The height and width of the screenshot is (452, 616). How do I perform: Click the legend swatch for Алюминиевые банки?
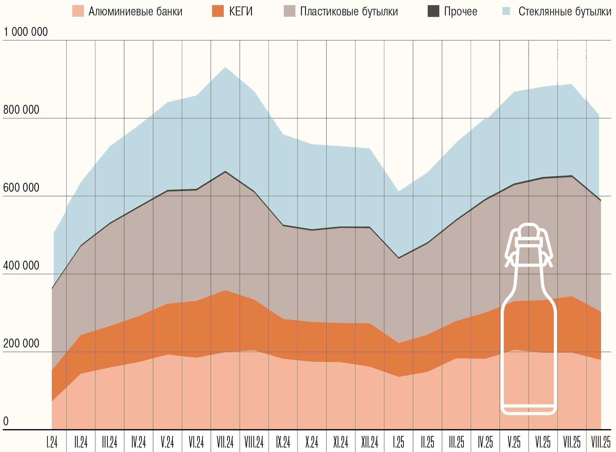(x=78, y=11)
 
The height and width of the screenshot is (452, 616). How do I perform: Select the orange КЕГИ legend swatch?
(x=218, y=11)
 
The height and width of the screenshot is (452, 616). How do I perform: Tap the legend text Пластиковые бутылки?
(x=349, y=12)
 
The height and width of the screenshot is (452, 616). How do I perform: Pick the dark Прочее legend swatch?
(x=433, y=11)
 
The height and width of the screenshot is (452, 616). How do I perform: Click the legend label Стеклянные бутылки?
(x=564, y=12)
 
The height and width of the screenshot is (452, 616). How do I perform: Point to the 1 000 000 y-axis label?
(x=26, y=32)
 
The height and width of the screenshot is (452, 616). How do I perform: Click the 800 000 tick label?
(x=21, y=110)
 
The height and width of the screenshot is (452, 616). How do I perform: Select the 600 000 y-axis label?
(x=21, y=188)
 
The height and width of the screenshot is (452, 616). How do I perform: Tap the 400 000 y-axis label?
(x=21, y=266)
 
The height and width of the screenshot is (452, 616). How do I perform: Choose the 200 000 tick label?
(x=21, y=343)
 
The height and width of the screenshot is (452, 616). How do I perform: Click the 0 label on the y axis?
(x=6, y=421)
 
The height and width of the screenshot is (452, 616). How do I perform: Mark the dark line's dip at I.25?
(x=399, y=258)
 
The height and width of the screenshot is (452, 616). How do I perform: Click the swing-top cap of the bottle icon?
(x=529, y=232)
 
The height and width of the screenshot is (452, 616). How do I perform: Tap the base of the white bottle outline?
(x=529, y=410)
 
